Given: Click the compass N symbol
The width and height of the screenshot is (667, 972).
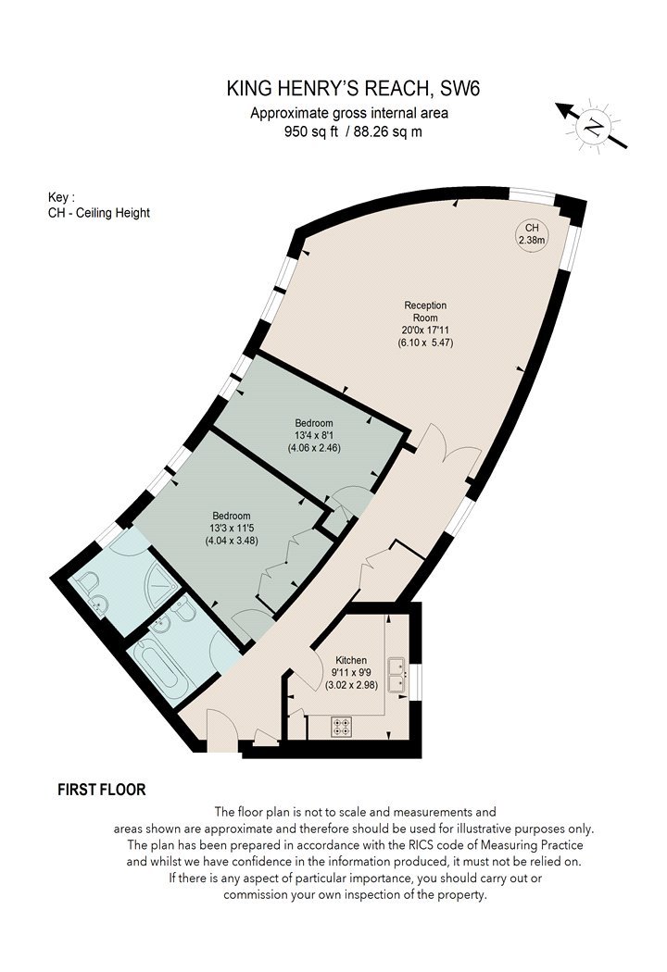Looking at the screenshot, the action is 595,127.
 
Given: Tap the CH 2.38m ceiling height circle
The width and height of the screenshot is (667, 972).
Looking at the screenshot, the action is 532,234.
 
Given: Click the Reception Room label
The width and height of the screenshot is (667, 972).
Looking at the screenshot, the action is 425,311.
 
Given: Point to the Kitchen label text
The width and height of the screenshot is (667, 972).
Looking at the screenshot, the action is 351,660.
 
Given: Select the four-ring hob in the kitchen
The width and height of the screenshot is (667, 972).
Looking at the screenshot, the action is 341,727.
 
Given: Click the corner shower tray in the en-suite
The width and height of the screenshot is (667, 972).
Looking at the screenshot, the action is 161,586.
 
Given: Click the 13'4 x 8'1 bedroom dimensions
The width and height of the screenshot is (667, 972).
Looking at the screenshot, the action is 314,442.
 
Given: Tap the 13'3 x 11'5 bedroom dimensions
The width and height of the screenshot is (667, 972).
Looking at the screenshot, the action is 232,534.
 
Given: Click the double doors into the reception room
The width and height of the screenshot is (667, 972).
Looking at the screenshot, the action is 449,445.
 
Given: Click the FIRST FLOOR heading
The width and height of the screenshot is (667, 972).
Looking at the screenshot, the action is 102,790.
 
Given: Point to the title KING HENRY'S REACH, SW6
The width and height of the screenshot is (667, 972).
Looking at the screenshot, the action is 353,89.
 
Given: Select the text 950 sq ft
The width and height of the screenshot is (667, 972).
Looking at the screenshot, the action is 311,131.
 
